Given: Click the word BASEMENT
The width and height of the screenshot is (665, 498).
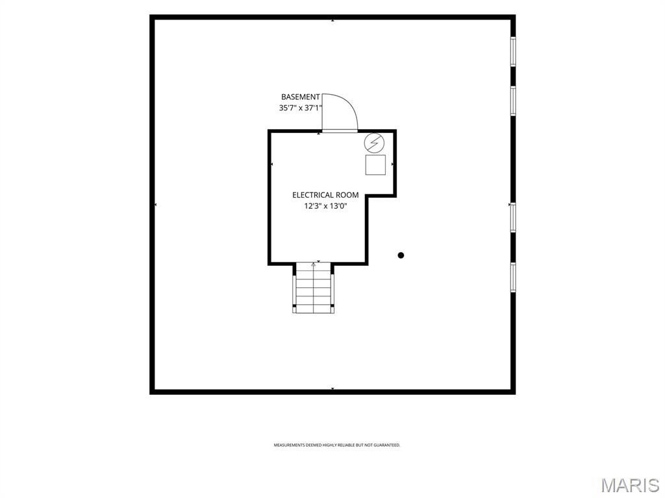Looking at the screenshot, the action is (x=300, y=97).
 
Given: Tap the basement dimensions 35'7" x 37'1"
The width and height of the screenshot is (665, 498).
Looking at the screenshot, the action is (x=301, y=108).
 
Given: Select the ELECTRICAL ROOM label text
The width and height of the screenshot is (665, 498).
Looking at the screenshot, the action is (x=325, y=195).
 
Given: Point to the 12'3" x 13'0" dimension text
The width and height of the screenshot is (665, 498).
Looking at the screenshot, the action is (x=325, y=206).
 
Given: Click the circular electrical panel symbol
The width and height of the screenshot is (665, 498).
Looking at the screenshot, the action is (x=375, y=143).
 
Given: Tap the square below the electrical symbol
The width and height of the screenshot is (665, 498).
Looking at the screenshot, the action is (x=375, y=165).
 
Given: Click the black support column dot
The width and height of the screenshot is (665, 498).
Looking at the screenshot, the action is (x=401, y=255).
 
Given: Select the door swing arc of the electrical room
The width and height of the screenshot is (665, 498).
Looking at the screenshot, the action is (x=350, y=106).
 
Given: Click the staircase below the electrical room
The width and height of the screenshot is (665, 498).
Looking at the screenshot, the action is (x=313, y=288).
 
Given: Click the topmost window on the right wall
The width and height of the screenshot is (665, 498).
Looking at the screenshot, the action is (x=513, y=51).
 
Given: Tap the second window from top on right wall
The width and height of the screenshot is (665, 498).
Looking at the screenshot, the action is (x=513, y=101).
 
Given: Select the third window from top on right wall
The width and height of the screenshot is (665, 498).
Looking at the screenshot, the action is (x=513, y=218).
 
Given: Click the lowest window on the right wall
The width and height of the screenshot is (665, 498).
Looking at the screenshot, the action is (x=513, y=278).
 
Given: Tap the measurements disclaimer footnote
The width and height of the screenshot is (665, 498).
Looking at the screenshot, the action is (x=337, y=445).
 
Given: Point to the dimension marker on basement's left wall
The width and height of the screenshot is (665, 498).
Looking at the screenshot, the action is (x=156, y=205).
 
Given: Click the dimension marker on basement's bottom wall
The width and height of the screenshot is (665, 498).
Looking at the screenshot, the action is (x=332, y=388).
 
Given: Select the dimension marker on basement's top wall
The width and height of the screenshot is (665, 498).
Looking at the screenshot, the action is (x=332, y=20).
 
